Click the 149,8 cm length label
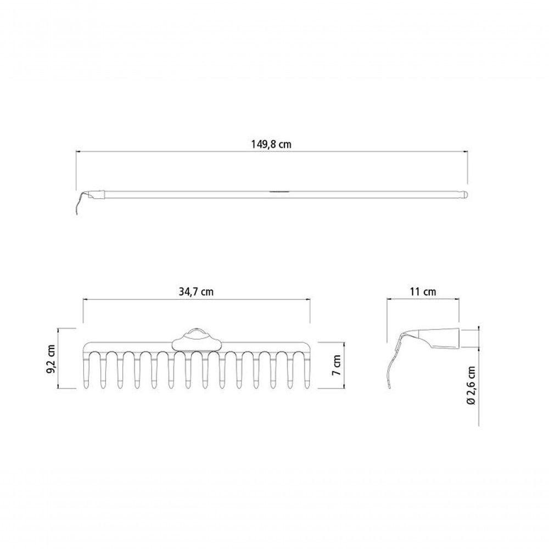(x=271, y=144)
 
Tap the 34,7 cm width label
(x=196, y=292)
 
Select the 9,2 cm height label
(x=52, y=359)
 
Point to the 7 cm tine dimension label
(x=337, y=365)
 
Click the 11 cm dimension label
(x=423, y=292)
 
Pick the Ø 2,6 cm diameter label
(x=471, y=385)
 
